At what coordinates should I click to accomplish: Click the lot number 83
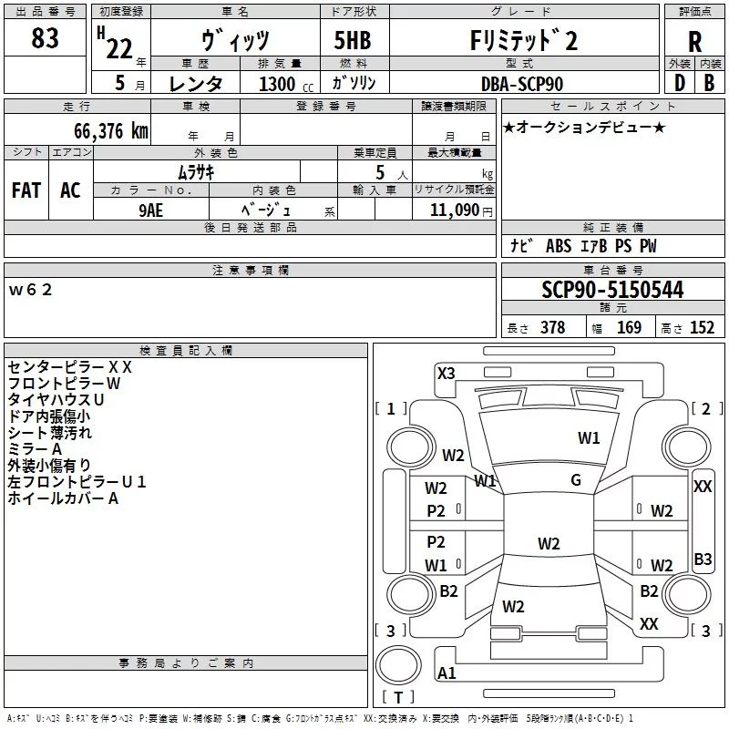45,38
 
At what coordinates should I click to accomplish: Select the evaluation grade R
694,41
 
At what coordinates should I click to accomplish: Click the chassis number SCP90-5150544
612,290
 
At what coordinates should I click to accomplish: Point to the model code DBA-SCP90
522,84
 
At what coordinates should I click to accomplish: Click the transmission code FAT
26,190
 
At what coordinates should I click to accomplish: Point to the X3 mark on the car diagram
447,373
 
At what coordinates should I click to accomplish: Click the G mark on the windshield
576,480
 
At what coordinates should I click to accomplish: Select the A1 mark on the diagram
447,673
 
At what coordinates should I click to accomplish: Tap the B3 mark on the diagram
703,560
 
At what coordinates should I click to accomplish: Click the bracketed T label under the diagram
398,698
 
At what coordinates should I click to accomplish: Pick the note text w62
31,290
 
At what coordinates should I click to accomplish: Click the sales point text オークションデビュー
584,127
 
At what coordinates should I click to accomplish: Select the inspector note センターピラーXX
70,367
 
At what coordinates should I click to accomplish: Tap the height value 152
702,328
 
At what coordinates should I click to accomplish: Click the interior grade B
709,83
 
